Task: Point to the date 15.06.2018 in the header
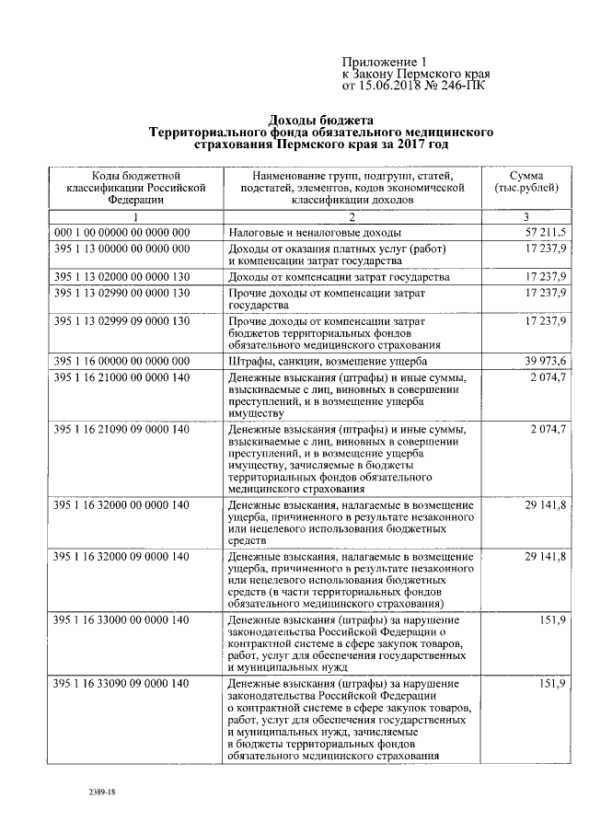[x=403, y=86]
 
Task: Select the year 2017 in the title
[x=410, y=145]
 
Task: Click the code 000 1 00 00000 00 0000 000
[x=121, y=233]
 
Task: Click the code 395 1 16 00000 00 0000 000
[x=121, y=360]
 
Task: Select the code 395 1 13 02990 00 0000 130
[x=121, y=292]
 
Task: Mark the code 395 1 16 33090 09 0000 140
[x=121, y=684]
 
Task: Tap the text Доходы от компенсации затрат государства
[x=338, y=277]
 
